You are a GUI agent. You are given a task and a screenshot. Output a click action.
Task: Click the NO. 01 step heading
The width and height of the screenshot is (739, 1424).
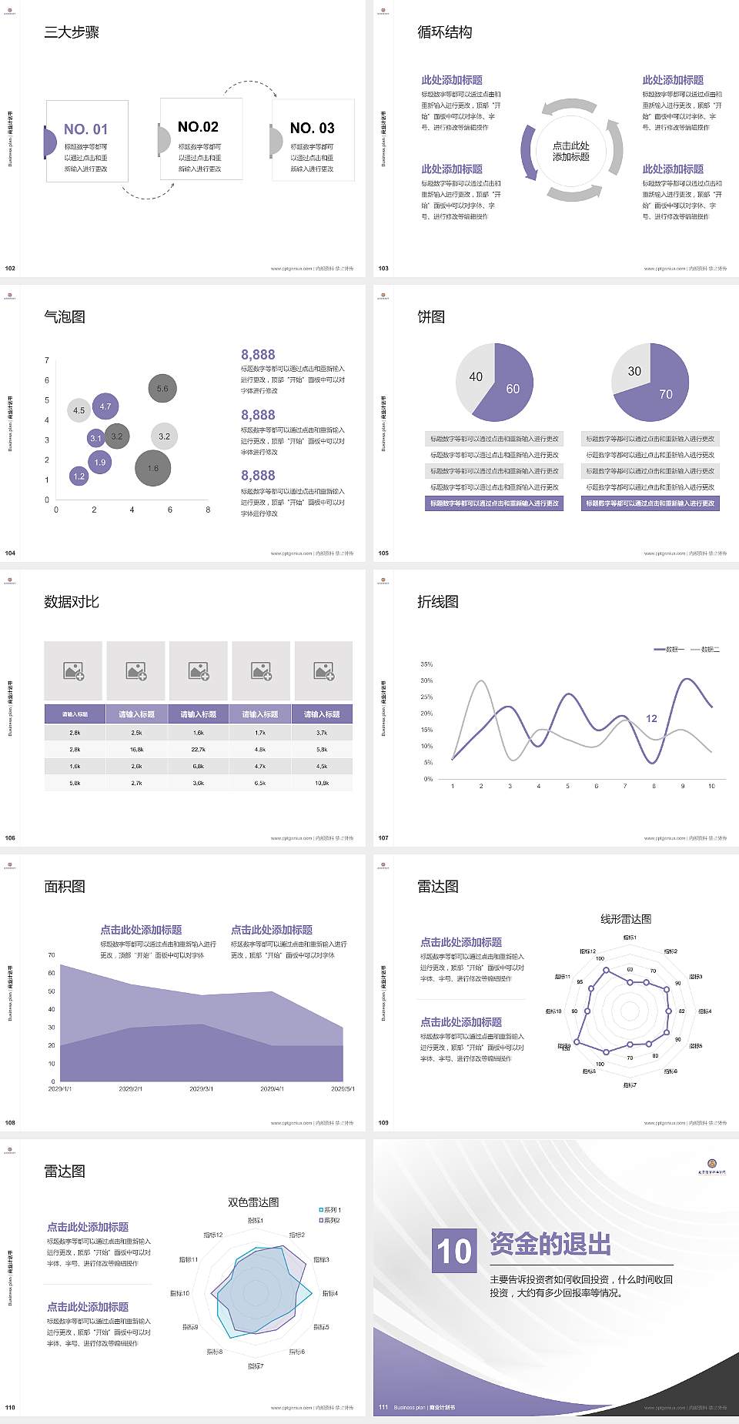(85, 129)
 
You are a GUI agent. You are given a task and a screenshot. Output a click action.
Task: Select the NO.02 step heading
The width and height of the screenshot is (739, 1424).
(198, 127)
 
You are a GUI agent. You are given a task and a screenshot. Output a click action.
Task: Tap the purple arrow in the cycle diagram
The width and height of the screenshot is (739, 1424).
(528, 152)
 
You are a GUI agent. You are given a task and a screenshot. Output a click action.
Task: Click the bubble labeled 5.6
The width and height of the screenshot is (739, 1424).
(162, 389)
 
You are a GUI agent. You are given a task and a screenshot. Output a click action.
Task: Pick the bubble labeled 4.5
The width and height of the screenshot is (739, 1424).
(79, 410)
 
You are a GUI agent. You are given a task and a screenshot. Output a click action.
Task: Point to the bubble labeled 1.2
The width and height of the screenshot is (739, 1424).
(79, 476)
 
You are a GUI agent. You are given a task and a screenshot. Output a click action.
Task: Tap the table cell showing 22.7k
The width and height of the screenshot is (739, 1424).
(198, 749)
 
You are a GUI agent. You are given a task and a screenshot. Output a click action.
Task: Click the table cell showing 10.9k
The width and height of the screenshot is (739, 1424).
(322, 783)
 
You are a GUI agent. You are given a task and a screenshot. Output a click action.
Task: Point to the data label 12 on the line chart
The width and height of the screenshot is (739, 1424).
(651, 719)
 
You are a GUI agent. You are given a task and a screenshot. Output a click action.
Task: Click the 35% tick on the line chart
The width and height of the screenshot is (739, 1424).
(426, 664)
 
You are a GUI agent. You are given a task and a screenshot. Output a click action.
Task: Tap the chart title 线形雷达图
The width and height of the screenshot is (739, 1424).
(626, 918)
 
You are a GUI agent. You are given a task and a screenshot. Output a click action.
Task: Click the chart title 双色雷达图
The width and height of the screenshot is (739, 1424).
(253, 1202)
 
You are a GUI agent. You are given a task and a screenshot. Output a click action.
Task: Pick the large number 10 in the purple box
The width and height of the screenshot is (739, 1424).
(454, 1251)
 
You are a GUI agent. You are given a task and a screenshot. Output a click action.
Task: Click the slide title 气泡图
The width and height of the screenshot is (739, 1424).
(65, 317)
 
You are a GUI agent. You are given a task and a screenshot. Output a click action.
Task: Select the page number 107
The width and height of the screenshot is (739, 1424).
(383, 838)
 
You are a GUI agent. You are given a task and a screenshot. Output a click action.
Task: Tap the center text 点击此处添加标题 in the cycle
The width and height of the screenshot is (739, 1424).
(571, 151)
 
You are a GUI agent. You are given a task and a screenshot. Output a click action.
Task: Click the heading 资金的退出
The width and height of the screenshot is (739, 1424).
(550, 1244)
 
